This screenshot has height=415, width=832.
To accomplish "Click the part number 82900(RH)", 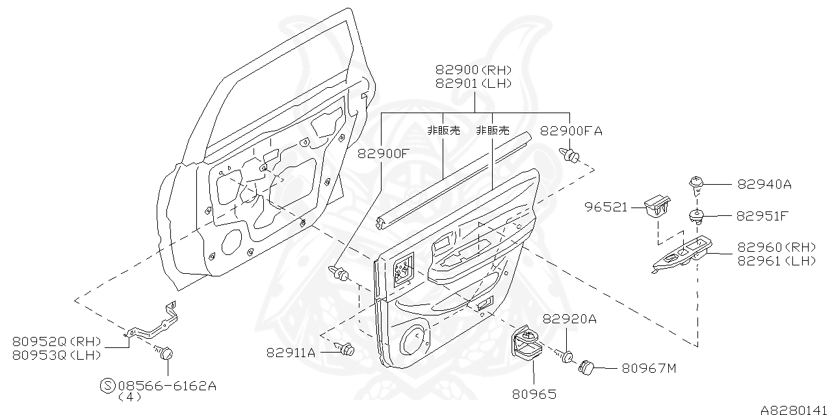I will click(x=473, y=70).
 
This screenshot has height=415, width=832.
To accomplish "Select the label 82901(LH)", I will click(x=473, y=83).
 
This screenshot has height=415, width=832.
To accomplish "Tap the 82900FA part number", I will click(x=571, y=131).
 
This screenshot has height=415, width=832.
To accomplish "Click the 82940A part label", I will click(x=764, y=184).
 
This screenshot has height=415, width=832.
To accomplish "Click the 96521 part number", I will click(x=606, y=207).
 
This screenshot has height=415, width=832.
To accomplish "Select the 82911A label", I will click(x=291, y=353).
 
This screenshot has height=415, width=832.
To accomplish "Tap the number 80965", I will click(x=533, y=394).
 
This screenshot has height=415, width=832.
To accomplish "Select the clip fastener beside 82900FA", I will click(x=571, y=155).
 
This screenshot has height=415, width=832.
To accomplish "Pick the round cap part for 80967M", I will click(x=588, y=367).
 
